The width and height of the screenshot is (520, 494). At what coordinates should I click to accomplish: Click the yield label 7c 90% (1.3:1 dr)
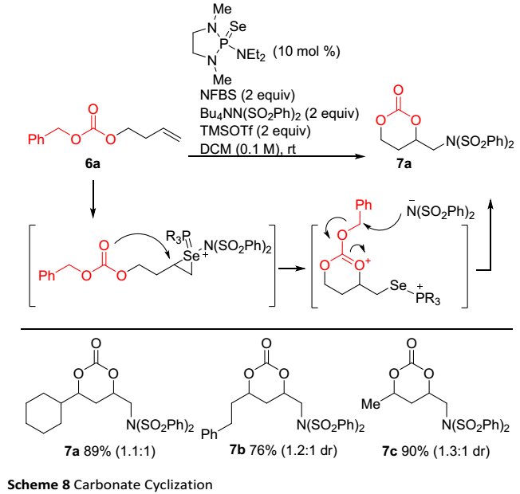click(x=425, y=449)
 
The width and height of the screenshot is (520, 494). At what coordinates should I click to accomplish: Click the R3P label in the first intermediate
click(x=164, y=235)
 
